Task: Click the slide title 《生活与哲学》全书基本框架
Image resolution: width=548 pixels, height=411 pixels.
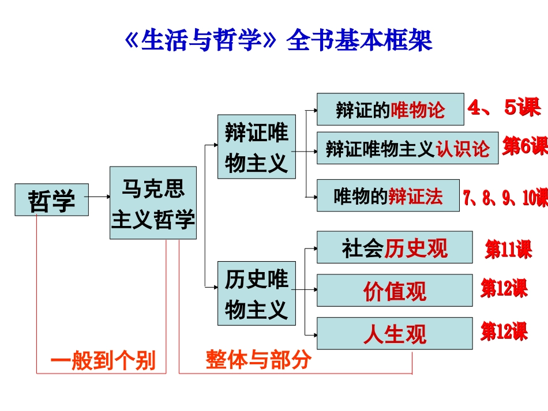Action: point(278,41)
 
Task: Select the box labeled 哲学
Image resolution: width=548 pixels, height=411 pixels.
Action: point(52,199)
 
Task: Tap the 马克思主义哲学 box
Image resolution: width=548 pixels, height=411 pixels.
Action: point(153,203)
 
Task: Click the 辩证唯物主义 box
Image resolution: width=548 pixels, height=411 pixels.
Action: point(256,147)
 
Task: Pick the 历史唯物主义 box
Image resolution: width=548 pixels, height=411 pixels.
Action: point(256,293)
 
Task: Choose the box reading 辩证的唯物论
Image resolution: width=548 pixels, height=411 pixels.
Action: point(390,110)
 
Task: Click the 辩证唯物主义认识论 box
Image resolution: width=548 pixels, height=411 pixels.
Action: point(407,148)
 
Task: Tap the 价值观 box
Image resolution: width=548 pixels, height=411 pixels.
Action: point(395,291)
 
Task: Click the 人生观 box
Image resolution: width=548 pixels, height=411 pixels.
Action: point(395,333)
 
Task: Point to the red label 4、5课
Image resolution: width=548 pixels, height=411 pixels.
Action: point(504,108)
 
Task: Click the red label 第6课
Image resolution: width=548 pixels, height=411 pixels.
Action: point(524,146)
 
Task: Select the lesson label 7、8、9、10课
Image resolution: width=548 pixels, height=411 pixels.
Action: point(505,197)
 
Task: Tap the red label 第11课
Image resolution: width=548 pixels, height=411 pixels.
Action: point(508,250)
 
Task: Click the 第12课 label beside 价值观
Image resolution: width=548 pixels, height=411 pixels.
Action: point(504,288)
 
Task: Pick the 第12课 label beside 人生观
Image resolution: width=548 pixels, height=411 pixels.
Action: point(504,331)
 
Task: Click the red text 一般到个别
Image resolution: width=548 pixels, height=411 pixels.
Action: point(103,360)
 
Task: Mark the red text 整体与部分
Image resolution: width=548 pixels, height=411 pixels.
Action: point(258,359)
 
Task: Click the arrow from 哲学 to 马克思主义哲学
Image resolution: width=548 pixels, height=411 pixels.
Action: point(99,197)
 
